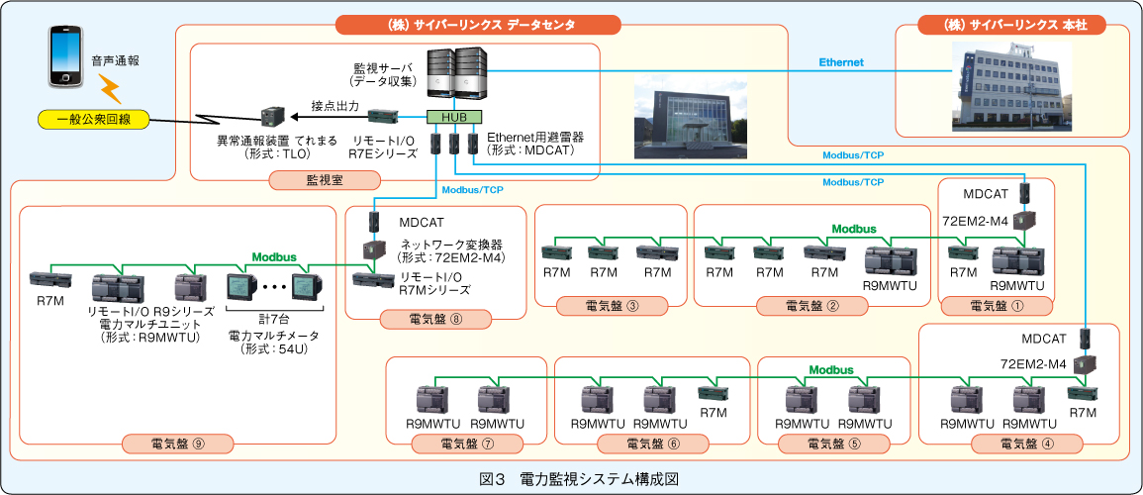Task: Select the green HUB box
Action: point(454,117)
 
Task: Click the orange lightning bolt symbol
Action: point(108,90)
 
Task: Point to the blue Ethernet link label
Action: point(840,62)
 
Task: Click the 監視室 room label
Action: point(328,180)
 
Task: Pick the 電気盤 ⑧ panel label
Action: point(435,319)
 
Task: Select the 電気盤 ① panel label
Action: point(997,305)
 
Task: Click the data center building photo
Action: point(691,121)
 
